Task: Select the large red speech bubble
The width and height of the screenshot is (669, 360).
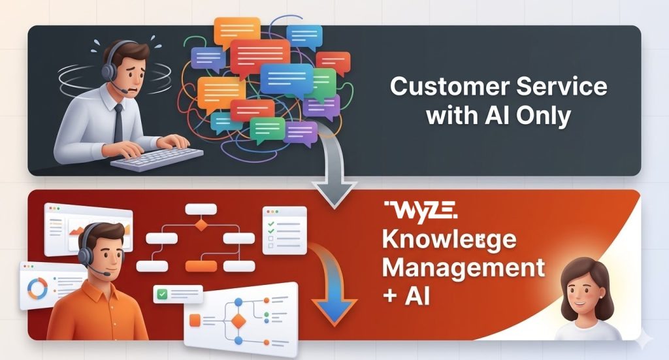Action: coord(260,55)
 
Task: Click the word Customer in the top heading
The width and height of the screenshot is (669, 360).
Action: coord(444,87)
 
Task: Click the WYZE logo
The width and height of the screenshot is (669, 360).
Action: coord(421,210)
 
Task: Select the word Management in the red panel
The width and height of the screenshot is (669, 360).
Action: coord(463,267)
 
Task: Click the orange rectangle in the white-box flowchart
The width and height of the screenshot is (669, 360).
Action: coord(201,266)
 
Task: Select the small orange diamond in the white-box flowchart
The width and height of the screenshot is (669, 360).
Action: coord(201,225)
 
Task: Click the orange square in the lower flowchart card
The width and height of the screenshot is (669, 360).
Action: coord(194,320)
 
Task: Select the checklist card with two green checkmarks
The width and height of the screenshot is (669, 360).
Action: coord(284,231)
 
